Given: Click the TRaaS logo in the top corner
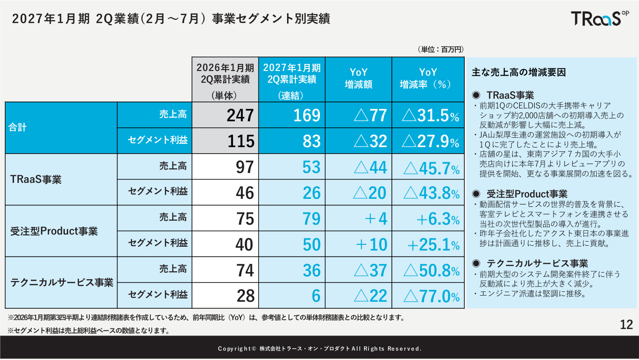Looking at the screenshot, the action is click(x=600, y=19).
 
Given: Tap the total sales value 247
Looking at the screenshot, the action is click(x=240, y=115).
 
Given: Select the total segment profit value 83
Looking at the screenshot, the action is click(x=312, y=141).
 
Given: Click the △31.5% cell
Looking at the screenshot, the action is click(x=430, y=116).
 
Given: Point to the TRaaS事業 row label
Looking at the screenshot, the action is click(x=36, y=180).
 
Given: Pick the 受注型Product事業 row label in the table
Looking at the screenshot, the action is click(x=54, y=231).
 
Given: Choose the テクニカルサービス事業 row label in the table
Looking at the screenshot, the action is click(x=62, y=282).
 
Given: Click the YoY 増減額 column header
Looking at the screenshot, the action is click(x=358, y=78).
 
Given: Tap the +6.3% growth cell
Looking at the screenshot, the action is click(x=438, y=219).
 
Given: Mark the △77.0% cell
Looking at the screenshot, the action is click(x=431, y=296).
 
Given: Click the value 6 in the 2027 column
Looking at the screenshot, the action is click(x=316, y=296).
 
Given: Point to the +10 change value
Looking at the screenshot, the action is click(x=371, y=245).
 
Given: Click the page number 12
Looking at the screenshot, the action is click(x=626, y=325).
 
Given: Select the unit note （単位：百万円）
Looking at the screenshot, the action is click(x=441, y=50).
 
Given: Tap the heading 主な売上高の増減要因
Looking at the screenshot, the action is click(x=518, y=72).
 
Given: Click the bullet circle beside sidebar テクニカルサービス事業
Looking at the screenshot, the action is click(x=476, y=263).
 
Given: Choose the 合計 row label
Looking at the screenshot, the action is click(x=17, y=127).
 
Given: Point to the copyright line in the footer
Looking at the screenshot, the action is click(x=319, y=349).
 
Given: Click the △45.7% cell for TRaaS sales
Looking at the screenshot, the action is click(x=431, y=168).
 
